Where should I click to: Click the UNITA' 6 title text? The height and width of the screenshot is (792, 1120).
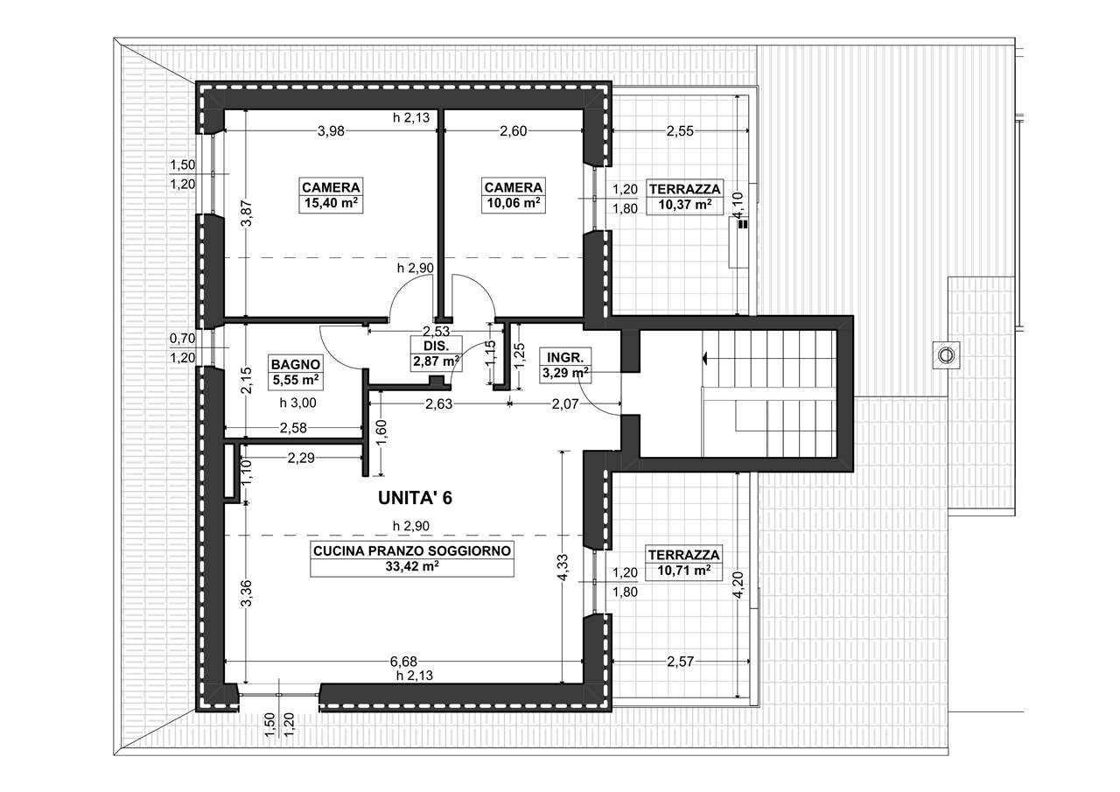click(x=415, y=498)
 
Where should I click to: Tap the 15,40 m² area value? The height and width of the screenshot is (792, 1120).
click(x=331, y=204)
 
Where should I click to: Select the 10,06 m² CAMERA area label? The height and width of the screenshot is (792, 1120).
click(x=514, y=204)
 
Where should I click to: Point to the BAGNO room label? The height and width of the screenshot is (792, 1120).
click(x=295, y=364)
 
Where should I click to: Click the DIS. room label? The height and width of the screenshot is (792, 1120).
click(x=437, y=346)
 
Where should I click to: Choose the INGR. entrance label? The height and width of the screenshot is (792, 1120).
click(x=565, y=358)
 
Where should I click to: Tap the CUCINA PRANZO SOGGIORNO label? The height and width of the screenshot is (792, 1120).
click(x=412, y=551)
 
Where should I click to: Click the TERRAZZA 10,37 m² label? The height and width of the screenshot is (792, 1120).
click(x=684, y=197)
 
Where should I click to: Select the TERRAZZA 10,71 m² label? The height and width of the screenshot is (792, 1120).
click(x=684, y=563)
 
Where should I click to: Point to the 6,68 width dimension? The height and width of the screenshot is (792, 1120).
click(x=403, y=662)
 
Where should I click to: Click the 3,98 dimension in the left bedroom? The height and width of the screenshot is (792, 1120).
click(x=331, y=131)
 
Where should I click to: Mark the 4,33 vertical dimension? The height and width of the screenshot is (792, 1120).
click(x=563, y=567)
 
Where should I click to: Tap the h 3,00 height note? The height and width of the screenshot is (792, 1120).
click(x=297, y=403)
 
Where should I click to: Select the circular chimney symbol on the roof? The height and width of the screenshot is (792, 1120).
click(x=945, y=355)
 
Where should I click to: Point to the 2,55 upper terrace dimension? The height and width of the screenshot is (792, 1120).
click(x=680, y=131)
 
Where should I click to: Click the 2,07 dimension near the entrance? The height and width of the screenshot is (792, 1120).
click(x=565, y=403)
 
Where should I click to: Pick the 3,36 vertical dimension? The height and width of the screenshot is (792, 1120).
click(x=246, y=592)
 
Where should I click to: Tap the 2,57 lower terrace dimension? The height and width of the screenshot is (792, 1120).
click(x=681, y=662)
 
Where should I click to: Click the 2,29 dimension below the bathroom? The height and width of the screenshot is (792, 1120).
click(x=301, y=458)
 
